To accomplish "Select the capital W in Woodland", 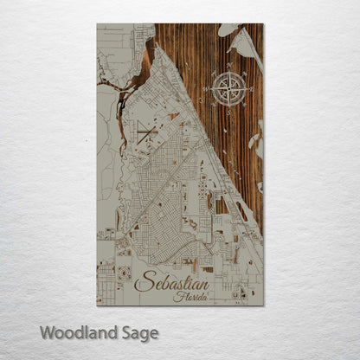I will point(48,331).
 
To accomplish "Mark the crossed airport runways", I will point(147,132).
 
